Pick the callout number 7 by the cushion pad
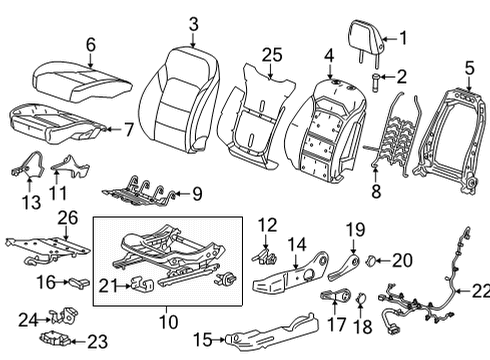[127, 128]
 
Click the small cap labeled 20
[370, 263]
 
